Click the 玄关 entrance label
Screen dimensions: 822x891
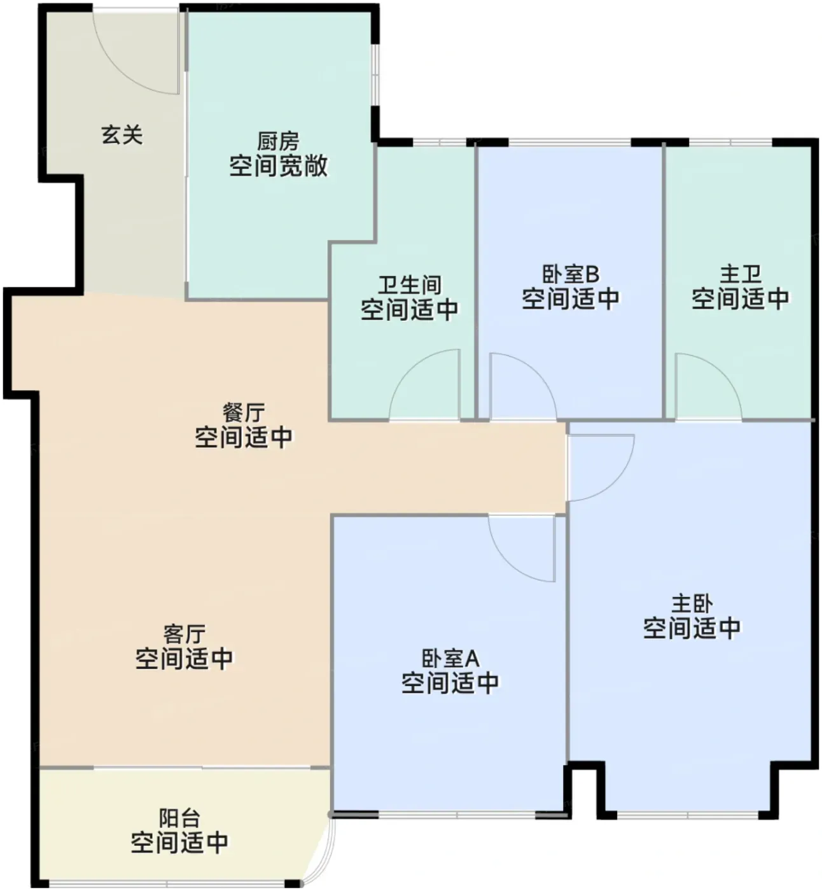pos(122,135)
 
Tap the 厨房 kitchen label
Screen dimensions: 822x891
pos(278,141)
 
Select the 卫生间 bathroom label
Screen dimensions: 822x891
pos(410,285)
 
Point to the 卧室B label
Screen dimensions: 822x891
pos(571,274)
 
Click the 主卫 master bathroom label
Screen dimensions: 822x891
pos(741,274)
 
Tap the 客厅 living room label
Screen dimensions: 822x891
pos(185,635)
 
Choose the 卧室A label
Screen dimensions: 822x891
pos(450,659)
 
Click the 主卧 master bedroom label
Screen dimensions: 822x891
pos(692,604)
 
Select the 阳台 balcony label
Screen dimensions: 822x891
pos(179,818)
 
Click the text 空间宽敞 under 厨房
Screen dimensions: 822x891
pos(278,166)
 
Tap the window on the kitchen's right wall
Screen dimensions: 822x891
pos(375,75)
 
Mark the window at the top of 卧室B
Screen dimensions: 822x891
pos(570,142)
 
